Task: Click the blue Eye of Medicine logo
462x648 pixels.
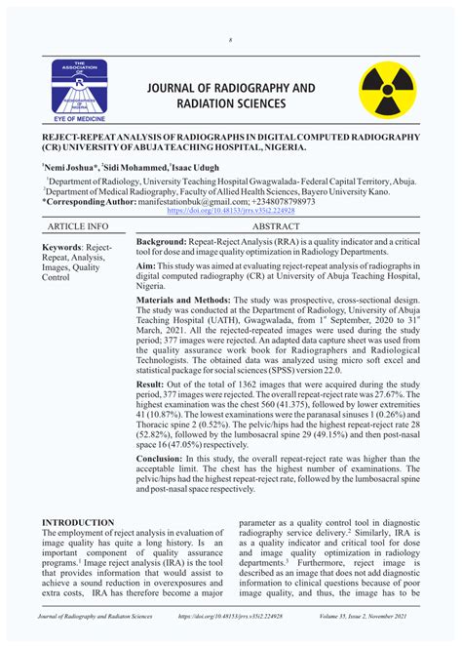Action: (x=85, y=87)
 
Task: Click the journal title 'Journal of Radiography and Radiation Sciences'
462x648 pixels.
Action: (x=231, y=96)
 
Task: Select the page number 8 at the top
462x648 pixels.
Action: (x=231, y=40)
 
